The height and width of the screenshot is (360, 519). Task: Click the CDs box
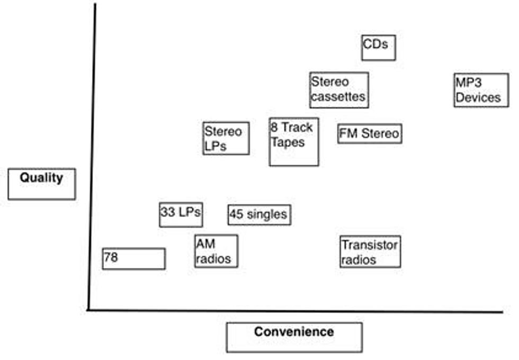coord(378,48)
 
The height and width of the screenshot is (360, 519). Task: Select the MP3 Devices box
coord(481,90)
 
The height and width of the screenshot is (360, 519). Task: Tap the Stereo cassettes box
coord(339,90)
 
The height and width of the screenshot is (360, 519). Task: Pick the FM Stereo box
coord(369,133)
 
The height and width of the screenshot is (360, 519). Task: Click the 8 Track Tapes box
coord(293,141)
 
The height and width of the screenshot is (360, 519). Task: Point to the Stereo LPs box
coord(226,138)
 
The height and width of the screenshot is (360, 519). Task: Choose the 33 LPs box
coord(181,214)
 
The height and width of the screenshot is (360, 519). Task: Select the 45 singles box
coord(259,214)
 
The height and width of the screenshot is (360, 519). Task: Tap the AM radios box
coord(216,251)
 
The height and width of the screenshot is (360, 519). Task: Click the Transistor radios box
coord(370,251)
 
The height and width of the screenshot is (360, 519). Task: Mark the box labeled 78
coord(133,258)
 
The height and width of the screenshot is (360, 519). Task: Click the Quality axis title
coord(41,184)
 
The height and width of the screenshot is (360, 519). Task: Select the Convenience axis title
coord(294,337)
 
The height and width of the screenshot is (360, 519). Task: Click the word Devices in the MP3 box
coord(478,97)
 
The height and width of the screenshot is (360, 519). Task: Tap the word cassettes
coord(338,97)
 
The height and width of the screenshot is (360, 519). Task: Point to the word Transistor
coord(369,245)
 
